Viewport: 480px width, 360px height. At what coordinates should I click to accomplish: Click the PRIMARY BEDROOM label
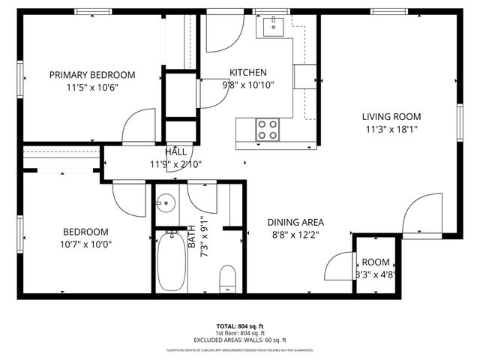(92, 74)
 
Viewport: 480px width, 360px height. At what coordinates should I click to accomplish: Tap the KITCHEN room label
(248, 72)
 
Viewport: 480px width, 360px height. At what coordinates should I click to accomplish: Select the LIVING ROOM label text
(391, 116)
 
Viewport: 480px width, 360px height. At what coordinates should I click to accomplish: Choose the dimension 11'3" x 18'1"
(391, 129)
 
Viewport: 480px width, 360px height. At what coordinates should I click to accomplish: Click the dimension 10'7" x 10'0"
(85, 244)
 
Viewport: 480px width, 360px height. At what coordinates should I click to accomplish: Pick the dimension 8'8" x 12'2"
(295, 234)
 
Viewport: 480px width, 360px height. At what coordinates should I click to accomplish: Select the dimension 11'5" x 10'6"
(92, 87)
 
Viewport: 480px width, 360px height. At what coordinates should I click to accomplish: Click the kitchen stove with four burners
(268, 130)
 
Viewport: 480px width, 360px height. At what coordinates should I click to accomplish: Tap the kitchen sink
(271, 28)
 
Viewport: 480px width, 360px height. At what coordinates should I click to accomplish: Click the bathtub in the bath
(172, 262)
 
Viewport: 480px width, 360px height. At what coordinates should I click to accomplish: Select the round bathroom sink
(166, 202)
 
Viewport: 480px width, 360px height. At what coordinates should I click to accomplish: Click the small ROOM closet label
(376, 262)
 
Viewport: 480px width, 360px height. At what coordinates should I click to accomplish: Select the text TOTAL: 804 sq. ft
(240, 326)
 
